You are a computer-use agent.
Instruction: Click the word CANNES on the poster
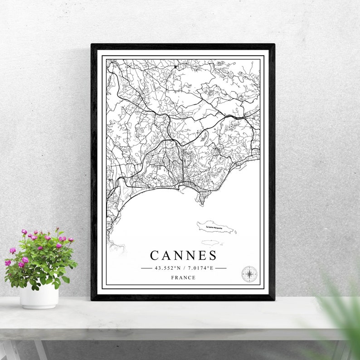click(x=183, y=255)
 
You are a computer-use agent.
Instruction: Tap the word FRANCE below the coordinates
click(x=183, y=277)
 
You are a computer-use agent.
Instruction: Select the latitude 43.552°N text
click(x=168, y=268)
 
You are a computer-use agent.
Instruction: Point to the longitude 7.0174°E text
click(x=199, y=268)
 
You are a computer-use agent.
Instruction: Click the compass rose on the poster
click(x=248, y=274)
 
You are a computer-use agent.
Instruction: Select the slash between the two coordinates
click(x=183, y=268)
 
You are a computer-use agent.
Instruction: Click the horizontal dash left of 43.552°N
click(x=146, y=268)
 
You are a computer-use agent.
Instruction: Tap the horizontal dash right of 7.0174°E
click(x=220, y=268)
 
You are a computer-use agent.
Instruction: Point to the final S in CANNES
click(x=213, y=255)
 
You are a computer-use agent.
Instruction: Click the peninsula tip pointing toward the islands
click(x=202, y=203)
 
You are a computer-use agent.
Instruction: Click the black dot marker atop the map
click(x=175, y=67)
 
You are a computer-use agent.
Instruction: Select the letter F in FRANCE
click(x=172, y=277)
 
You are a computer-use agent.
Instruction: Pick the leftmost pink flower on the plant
click(x=8, y=263)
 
